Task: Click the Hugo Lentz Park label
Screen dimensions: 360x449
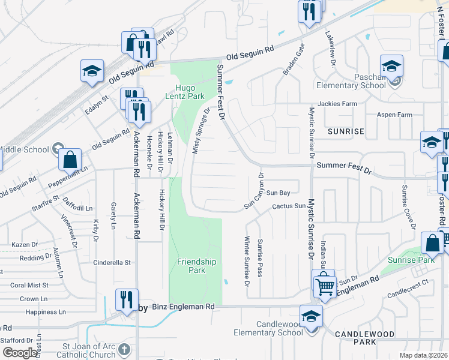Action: point(185,91)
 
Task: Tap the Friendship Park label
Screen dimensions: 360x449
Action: point(196,266)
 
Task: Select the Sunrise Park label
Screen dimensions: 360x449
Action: point(418,260)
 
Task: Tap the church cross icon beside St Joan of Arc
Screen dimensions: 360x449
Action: point(124,349)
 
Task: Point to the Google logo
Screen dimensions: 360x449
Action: point(19,353)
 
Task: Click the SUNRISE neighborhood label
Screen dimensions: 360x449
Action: point(346,131)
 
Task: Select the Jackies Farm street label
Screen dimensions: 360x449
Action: point(337,104)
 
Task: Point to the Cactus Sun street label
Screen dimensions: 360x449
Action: point(289,206)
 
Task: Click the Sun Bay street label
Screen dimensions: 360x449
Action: point(279,193)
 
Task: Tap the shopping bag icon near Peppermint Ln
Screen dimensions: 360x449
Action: point(70,160)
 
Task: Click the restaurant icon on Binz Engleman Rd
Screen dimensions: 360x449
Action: point(126,300)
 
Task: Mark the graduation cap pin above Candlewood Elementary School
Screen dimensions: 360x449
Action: point(312,316)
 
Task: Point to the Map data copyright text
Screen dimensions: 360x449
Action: point(423,355)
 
